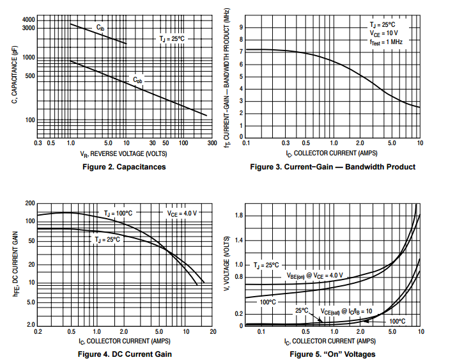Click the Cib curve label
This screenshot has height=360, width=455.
click(x=101, y=27)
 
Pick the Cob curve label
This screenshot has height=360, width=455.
click(x=138, y=80)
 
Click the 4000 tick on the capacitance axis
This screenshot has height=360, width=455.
click(x=29, y=20)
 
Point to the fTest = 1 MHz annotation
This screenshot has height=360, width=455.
click(x=385, y=41)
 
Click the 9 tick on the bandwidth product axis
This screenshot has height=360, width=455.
click(x=241, y=27)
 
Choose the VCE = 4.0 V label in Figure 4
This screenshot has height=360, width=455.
click(x=181, y=212)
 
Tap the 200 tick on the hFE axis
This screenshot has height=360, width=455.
click(x=29, y=203)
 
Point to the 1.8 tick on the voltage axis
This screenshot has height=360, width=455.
click(x=239, y=215)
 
